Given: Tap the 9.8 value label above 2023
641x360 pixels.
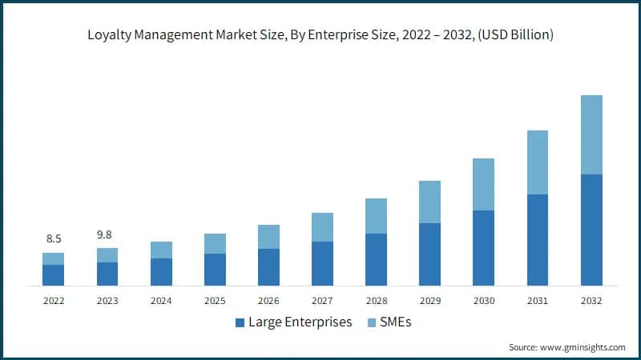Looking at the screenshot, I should point(107,234).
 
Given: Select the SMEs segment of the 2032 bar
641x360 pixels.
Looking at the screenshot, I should point(591,134).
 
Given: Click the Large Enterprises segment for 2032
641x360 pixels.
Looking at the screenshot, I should point(591,230).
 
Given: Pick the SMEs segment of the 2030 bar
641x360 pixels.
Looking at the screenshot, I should point(483,184).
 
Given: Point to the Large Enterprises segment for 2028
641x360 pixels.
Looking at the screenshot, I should point(376,259).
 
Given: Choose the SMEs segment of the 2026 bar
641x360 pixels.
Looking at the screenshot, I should point(268,237).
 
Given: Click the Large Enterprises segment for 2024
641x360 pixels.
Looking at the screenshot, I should point(161,272).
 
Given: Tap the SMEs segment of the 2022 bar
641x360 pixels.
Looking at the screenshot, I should point(54,258).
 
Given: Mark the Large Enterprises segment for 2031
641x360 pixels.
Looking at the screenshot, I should point(537,240).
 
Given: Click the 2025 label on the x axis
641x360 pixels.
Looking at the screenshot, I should point(215,301).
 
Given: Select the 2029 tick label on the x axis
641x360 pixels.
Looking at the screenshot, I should point(429,301).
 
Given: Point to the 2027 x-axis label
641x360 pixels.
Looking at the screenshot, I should point(322,301).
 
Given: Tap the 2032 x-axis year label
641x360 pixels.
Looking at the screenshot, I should point(591,301).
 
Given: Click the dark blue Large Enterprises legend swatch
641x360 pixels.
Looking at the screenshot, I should point(240,322).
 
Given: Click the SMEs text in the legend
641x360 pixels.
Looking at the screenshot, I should point(397,322).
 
